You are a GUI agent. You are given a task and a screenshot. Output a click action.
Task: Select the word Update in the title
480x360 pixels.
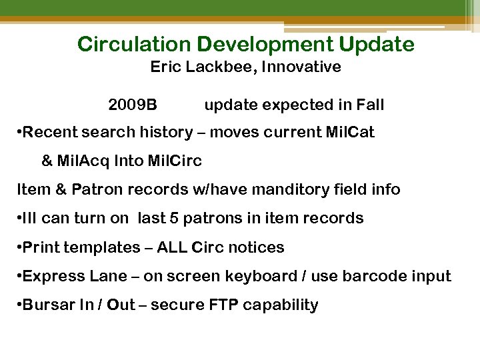click(x=377, y=45)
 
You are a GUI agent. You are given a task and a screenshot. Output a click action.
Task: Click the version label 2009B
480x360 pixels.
click(x=133, y=105)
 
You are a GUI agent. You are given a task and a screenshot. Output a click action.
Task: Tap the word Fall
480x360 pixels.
click(x=370, y=105)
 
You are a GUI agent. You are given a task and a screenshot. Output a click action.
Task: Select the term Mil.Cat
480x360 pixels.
click(x=349, y=133)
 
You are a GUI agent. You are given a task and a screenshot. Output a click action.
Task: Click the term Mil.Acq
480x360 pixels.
click(x=83, y=161)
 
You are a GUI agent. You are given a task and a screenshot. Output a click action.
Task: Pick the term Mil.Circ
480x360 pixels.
click(x=176, y=161)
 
